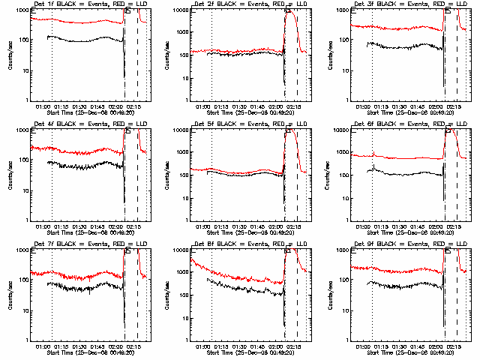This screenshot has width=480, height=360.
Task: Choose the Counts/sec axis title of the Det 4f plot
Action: pos(9,175)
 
